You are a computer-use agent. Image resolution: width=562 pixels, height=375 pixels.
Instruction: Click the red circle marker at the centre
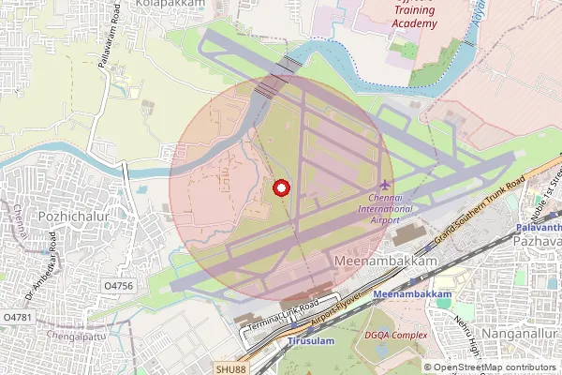pos(280,187)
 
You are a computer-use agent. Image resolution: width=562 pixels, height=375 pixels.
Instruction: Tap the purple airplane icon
pos(386,184)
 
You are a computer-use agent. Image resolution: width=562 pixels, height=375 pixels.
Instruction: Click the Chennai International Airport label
pos(386,209)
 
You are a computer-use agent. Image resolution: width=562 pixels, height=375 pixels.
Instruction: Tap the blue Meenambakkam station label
pos(412,295)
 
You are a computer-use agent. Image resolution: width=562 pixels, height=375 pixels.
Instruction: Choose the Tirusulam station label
pos(309,342)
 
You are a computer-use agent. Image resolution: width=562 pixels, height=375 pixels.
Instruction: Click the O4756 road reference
pos(119,285)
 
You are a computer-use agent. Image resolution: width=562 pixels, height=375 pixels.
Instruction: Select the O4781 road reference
pos(18,318)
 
